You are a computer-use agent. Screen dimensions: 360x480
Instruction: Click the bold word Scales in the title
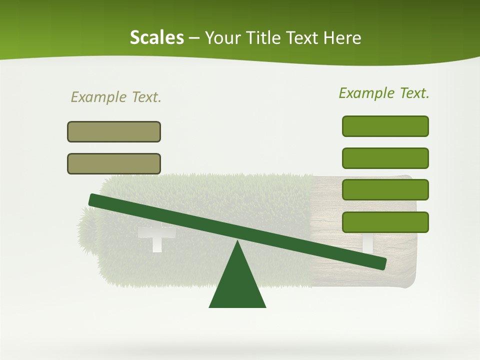coord(156,37)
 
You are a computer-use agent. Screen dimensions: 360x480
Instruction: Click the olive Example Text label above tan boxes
coord(116,97)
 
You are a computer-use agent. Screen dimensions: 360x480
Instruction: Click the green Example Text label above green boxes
coord(384,93)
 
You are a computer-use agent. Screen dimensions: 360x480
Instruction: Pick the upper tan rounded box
coord(114,131)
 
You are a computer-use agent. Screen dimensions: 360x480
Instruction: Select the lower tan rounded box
coord(114,163)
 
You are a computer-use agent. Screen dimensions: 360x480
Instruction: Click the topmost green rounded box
coord(385,126)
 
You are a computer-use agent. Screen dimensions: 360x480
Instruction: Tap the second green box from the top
coord(385,158)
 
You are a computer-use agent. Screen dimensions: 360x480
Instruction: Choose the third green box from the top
coord(385,189)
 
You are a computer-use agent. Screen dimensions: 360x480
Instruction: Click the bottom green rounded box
coord(385,222)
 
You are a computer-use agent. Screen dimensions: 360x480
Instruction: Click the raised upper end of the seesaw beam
coord(95,199)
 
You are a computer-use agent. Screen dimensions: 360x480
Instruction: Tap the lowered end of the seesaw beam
coord(380,263)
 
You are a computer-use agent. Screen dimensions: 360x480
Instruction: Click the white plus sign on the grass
coord(156,236)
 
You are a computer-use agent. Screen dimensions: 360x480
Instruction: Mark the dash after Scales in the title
coord(194,38)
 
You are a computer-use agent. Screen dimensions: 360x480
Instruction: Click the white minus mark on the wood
coord(367,243)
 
